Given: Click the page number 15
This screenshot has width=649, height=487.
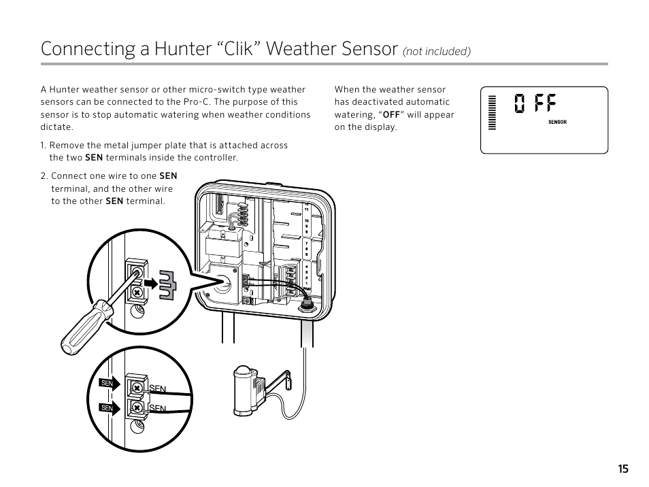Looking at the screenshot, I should (x=623, y=469).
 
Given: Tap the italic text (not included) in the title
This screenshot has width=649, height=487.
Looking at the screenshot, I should (x=437, y=52).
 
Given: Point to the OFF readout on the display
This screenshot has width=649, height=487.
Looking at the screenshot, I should (x=535, y=104).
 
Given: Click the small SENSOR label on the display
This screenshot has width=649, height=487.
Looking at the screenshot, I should (x=557, y=122).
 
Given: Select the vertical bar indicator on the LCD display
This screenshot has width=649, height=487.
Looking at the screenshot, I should (x=491, y=112).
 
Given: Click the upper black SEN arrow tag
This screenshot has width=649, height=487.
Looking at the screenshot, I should (x=109, y=384).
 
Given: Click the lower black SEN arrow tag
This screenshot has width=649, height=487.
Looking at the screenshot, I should (x=109, y=407).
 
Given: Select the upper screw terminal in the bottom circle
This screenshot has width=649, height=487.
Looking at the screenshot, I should (x=137, y=388).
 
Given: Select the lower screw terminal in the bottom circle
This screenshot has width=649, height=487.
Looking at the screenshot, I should (x=137, y=407).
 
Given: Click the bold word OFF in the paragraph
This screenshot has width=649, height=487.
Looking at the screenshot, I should (x=390, y=114).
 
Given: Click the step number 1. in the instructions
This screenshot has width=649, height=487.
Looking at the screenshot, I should (x=44, y=145).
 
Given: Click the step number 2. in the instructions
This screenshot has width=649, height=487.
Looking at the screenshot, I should (x=44, y=175).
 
